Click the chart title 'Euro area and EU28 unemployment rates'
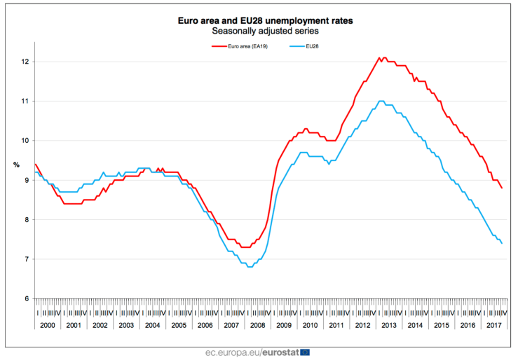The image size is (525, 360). point(265,21)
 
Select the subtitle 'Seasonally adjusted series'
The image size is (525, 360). point(265,32)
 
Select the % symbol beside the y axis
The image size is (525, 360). point(16,165)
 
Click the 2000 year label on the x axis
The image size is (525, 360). point(48,326)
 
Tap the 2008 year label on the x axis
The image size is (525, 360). point(258,326)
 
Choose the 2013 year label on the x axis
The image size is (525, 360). point(388,326)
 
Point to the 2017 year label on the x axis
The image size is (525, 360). point(493,326)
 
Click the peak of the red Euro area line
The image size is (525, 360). point(379,57)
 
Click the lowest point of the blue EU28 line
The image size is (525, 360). point(250,267)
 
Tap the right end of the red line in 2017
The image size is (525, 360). point(501,188)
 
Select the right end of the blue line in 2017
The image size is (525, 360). point(501,243)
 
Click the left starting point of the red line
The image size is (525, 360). point(35,164)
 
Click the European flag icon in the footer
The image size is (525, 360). point(304,351)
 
